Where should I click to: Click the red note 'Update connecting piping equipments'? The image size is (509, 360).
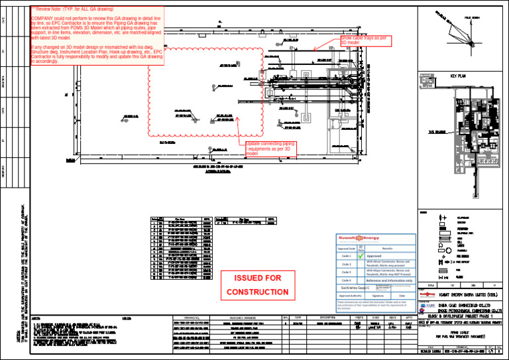pos(270,148)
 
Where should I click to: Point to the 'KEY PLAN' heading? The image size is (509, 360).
pos(459,76)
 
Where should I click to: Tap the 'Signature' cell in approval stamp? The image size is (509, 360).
pos(378,296)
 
